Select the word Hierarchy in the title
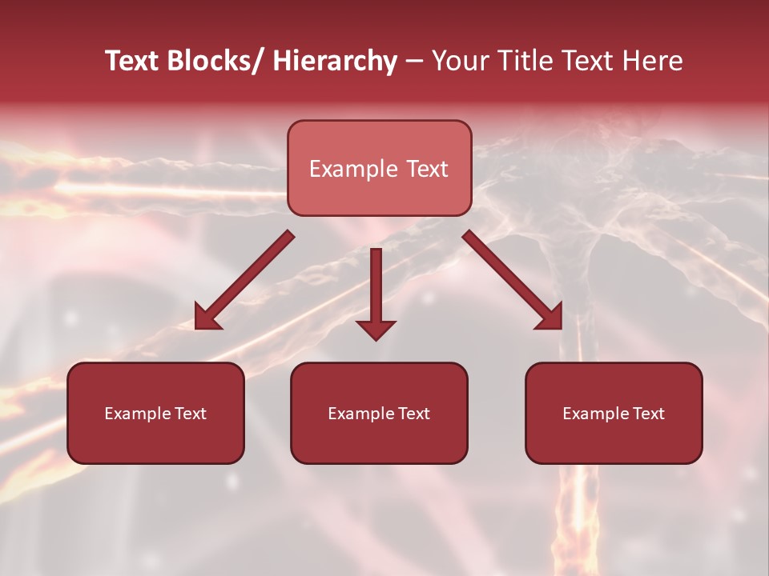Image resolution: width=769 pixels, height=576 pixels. (335, 61)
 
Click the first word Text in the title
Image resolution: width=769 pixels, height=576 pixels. (135, 61)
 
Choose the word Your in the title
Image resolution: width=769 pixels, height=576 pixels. (460, 61)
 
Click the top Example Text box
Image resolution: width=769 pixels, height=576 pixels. (379, 168)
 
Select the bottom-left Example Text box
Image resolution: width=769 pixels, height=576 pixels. (155, 413)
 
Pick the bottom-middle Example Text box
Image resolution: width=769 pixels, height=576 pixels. (379, 413)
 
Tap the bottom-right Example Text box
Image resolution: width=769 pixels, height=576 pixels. (614, 413)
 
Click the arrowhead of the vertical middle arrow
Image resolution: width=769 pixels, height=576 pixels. (376, 329)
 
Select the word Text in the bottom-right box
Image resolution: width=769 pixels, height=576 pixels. (647, 414)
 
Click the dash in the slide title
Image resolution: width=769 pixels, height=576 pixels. (414, 61)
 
